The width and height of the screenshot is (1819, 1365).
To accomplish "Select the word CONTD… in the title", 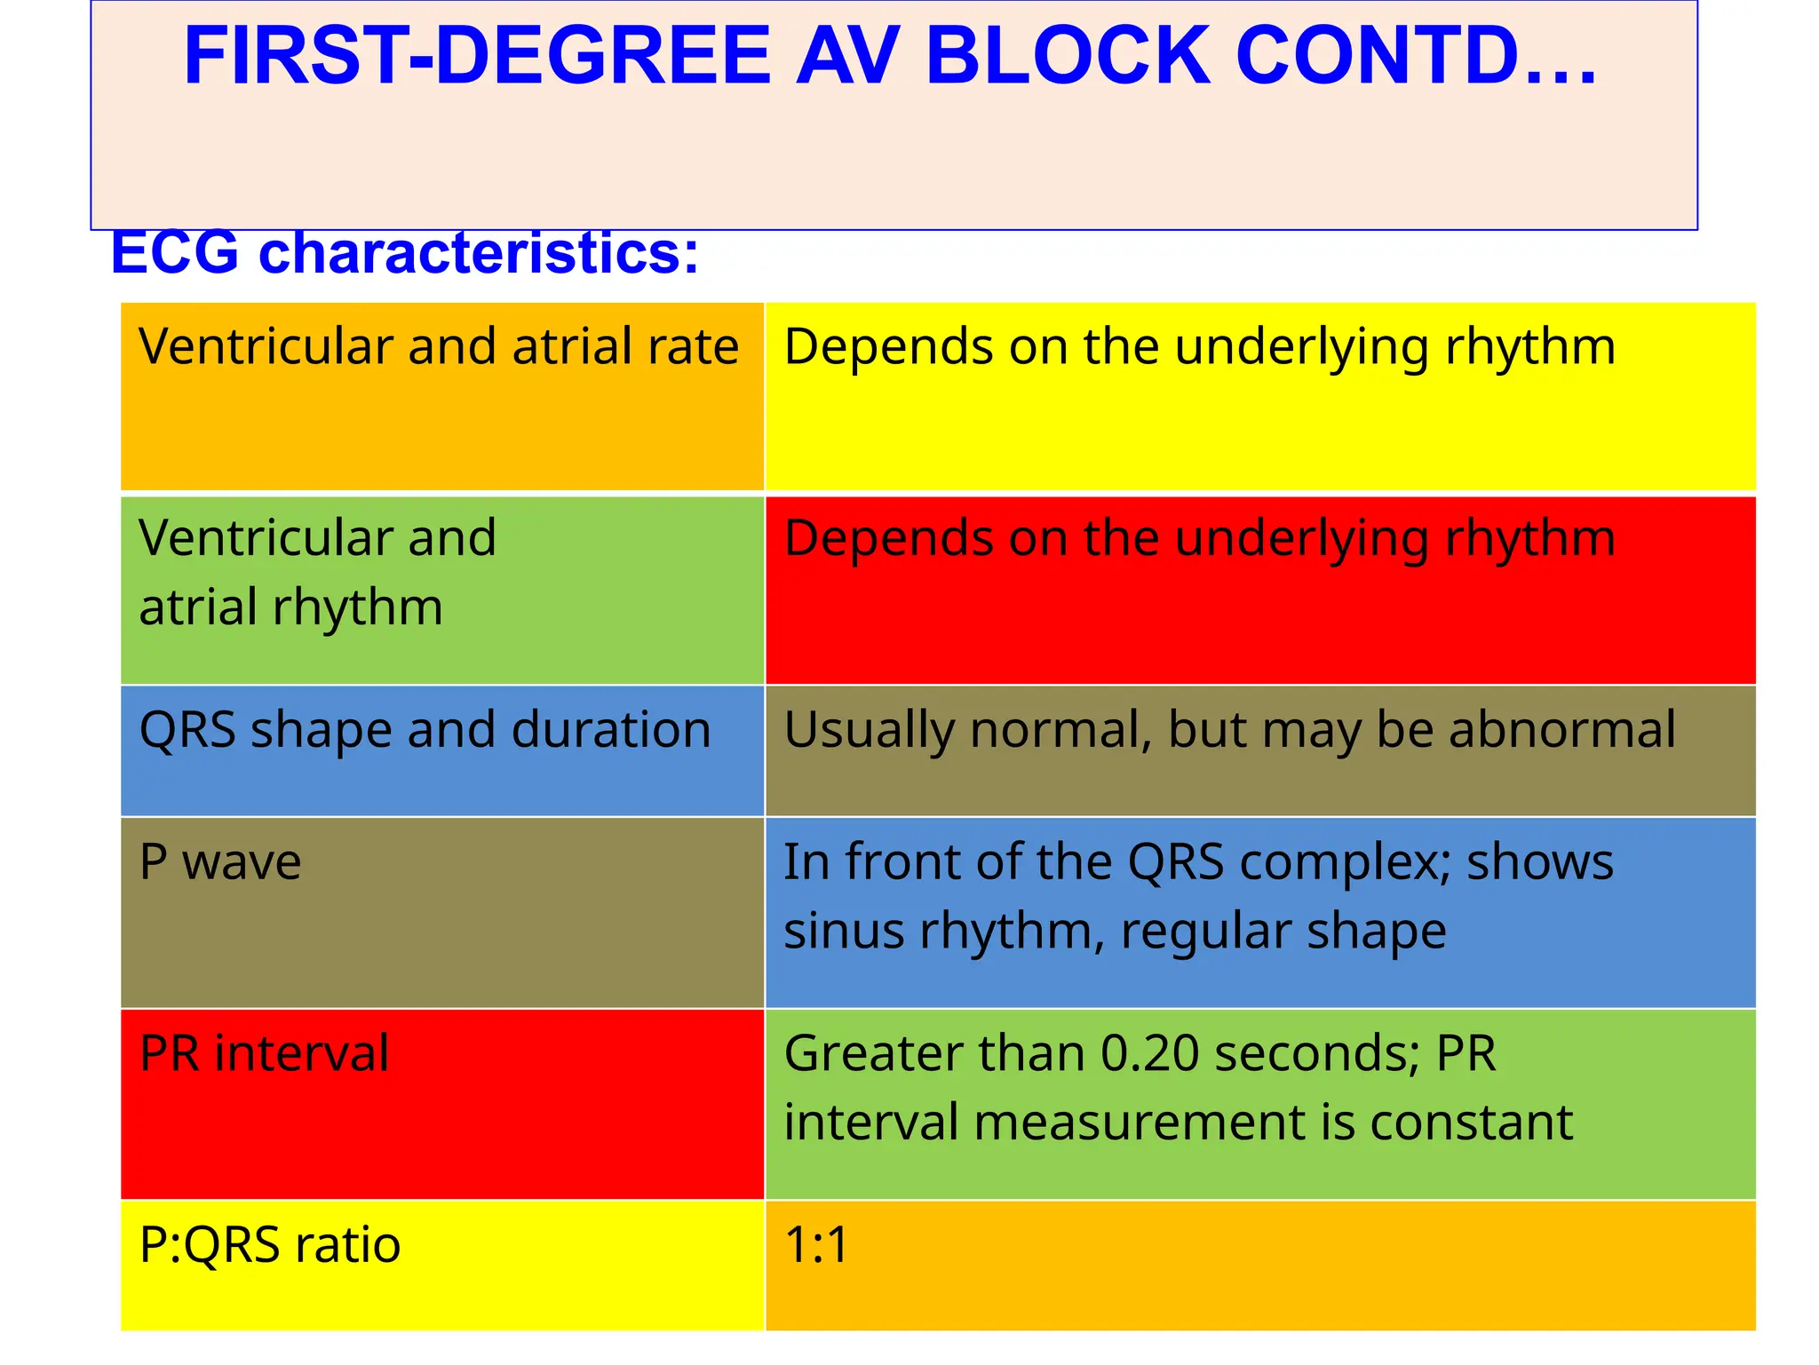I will [1416, 56].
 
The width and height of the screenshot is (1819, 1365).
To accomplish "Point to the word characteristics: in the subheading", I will [479, 253].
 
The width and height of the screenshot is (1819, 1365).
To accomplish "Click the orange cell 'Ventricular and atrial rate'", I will [441, 396].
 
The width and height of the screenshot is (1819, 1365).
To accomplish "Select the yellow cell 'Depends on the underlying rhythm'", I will [1259, 396].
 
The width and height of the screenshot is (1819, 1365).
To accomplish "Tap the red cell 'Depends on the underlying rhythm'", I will [1259, 590].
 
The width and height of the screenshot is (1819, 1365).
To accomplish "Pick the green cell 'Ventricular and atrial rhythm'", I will [441, 590].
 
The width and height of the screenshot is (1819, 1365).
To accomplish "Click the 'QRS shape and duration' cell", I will [441, 750].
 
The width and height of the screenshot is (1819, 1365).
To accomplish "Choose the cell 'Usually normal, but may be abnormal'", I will [1259, 750].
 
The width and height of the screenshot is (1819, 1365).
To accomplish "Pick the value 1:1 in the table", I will [816, 1245].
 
